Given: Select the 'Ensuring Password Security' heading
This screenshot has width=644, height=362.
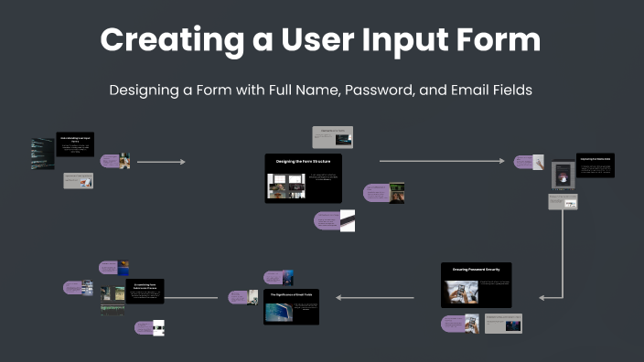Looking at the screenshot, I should click(x=476, y=270).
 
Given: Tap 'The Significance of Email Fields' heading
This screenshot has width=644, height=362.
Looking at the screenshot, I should click(x=291, y=295).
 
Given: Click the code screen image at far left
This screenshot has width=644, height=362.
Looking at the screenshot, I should click(x=42, y=154).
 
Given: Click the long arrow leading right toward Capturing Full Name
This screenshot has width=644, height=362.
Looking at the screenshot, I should click(x=441, y=161).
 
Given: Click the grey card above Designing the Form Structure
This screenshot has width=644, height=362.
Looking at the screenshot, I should click(x=332, y=137).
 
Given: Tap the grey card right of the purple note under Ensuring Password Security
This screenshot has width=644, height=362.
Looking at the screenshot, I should click(x=503, y=324).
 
